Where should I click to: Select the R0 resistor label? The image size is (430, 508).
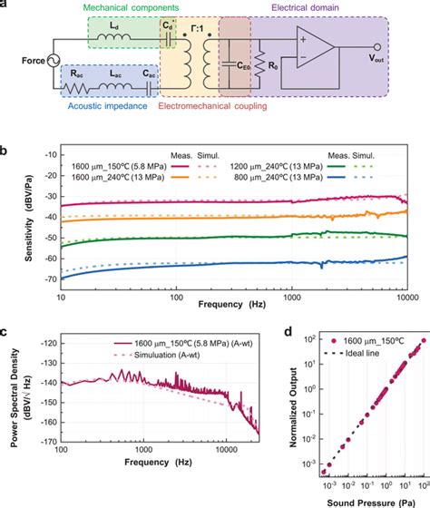point(272,65)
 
